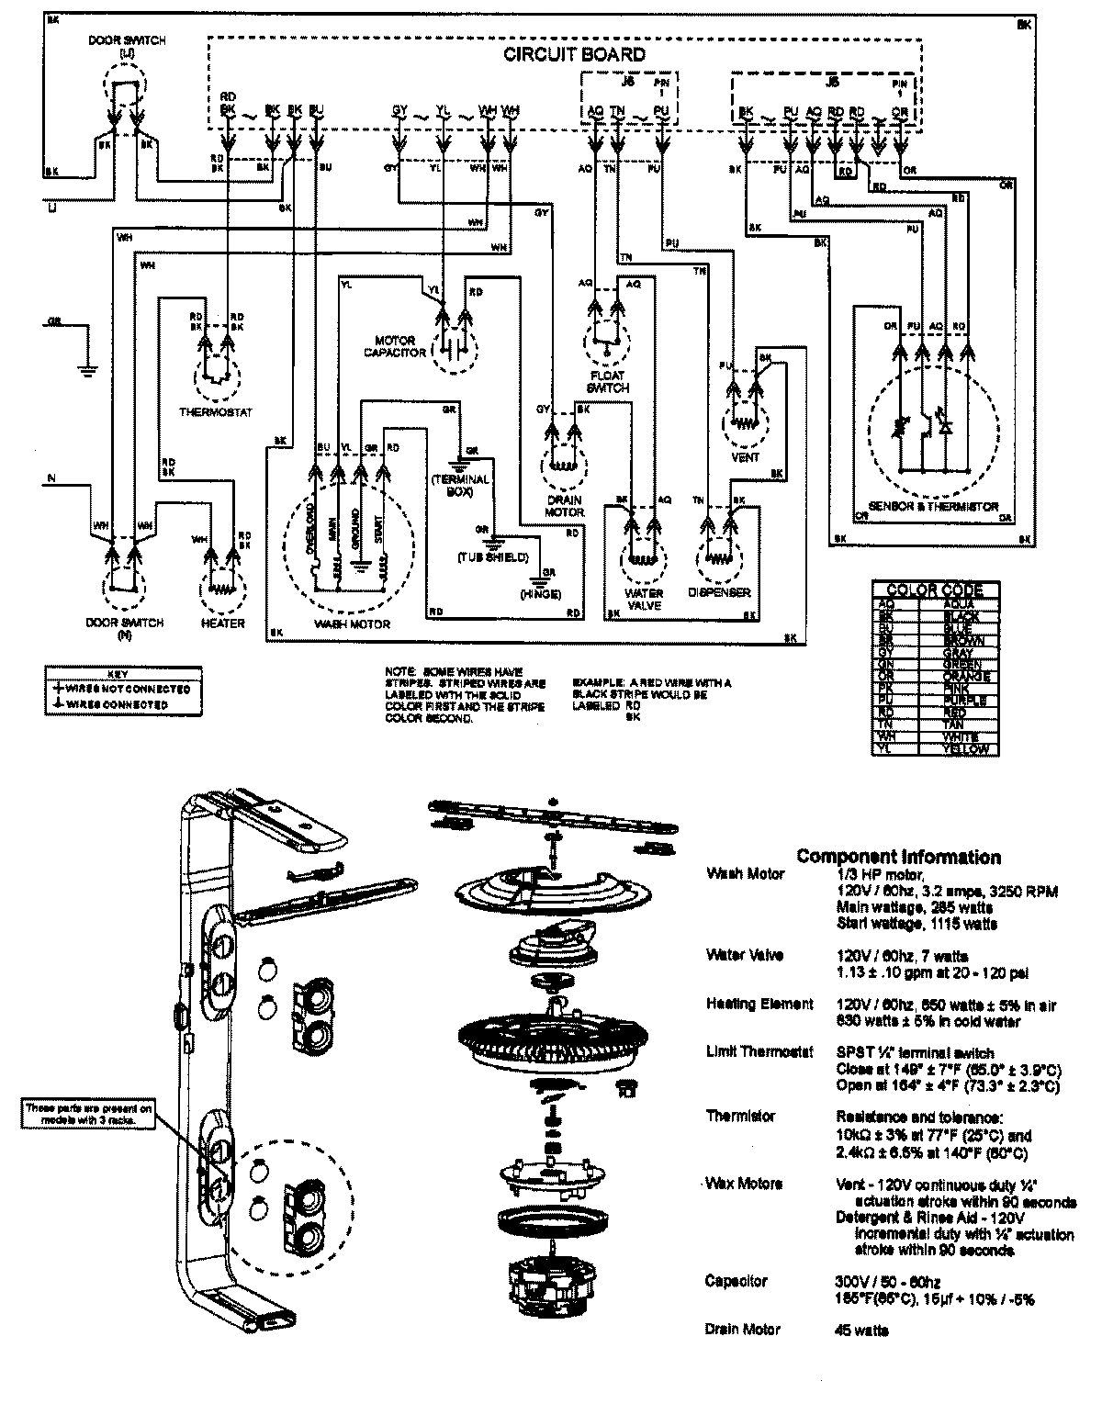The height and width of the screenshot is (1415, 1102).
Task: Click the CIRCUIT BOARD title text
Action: tap(574, 54)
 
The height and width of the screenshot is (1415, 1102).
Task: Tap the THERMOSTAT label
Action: tap(215, 412)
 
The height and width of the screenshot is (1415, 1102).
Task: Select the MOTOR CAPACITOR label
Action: tap(395, 346)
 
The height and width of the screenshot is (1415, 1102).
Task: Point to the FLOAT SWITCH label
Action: tap(609, 381)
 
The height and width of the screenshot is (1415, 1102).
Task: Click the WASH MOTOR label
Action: tap(352, 623)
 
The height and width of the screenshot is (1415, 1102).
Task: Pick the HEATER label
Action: tap(222, 623)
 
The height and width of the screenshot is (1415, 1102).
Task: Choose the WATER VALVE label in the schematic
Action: tap(644, 600)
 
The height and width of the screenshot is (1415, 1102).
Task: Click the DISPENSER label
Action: tap(719, 593)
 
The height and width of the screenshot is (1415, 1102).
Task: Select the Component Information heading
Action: tap(898, 857)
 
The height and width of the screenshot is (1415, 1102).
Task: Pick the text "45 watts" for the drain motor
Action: tap(862, 1330)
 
